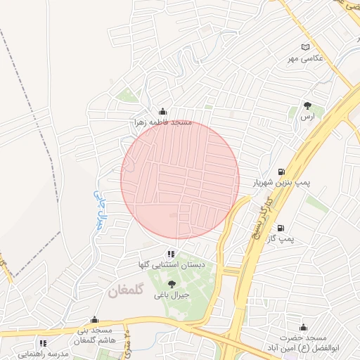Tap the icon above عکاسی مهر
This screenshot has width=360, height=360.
click(x=304, y=47)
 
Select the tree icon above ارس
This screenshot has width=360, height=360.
click(x=307, y=105)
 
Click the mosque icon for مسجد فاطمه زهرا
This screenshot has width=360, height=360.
click(x=163, y=111)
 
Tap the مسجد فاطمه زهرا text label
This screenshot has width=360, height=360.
click(x=163, y=122)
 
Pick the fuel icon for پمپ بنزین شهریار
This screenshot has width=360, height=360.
click(x=281, y=172)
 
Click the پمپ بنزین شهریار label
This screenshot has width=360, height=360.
click(x=281, y=183)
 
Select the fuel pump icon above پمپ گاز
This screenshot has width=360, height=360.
click(x=281, y=227)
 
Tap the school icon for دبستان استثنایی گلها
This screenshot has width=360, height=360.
click(x=172, y=254)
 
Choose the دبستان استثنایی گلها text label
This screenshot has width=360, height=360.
click(x=172, y=265)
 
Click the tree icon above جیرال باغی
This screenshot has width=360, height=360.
click(x=172, y=284)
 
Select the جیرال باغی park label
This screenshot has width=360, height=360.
click(x=172, y=295)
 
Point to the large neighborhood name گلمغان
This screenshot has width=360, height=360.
click(x=127, y=290)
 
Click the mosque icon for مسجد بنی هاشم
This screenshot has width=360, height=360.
click(x=94, y=319)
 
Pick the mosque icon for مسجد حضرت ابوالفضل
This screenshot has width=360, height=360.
click(x=303, y=327)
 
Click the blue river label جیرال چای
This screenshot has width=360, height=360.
click(x=98, y=209)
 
